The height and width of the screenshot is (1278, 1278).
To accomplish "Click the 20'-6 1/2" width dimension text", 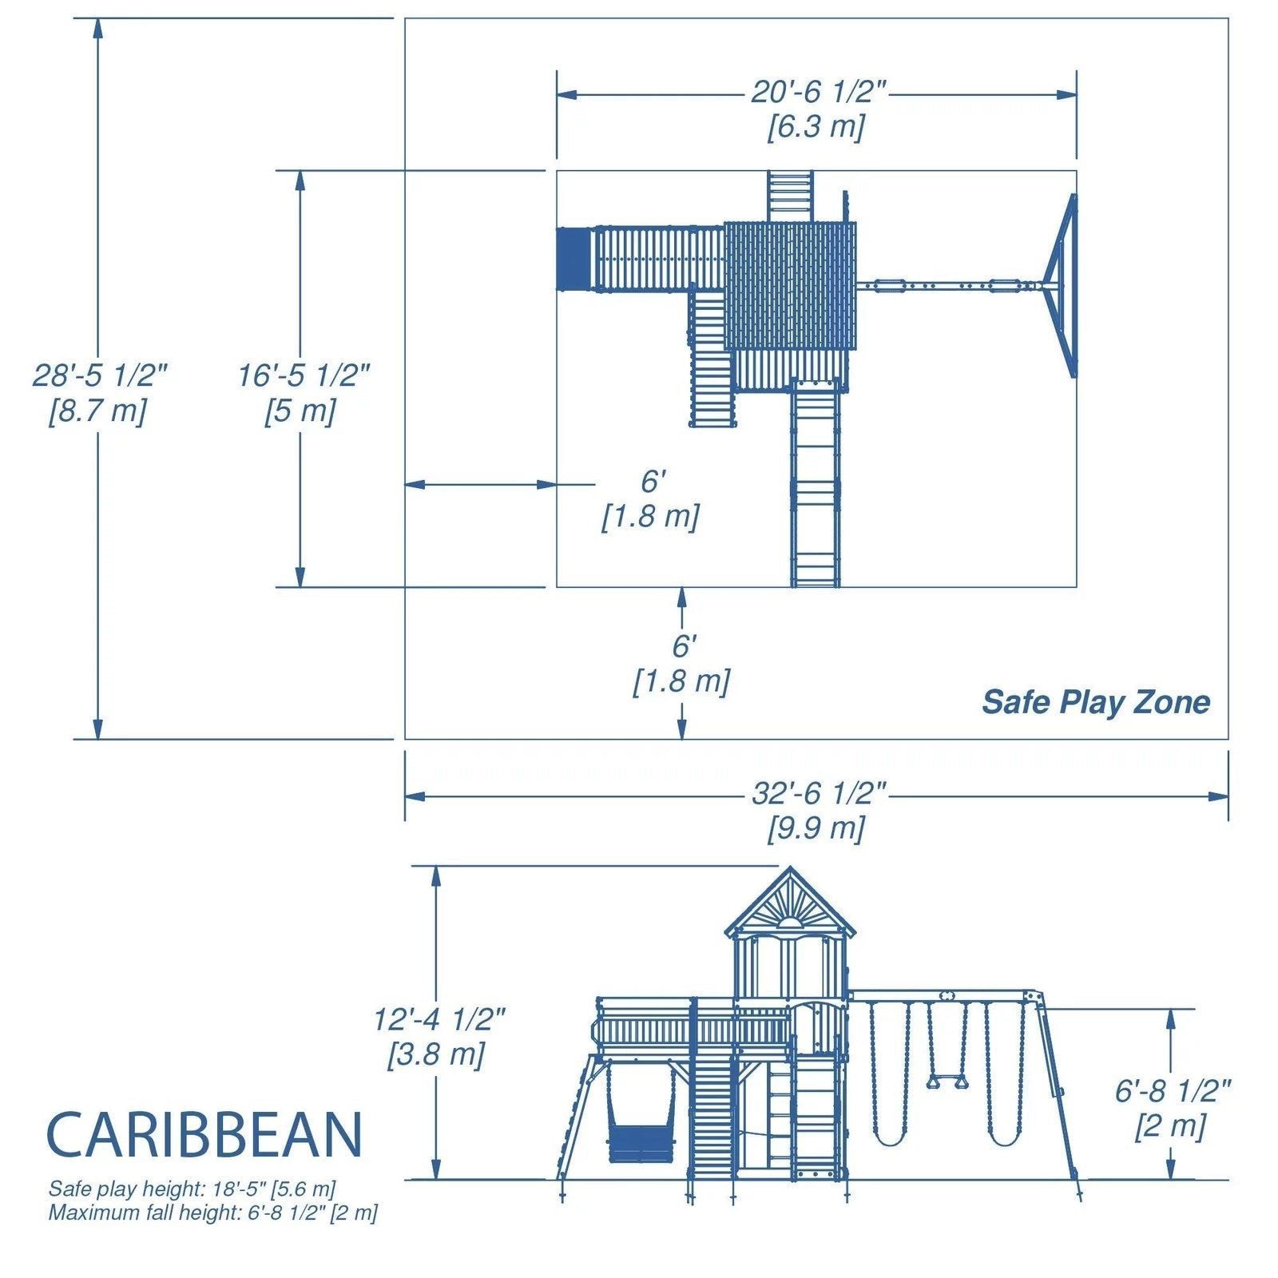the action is pos(819,93).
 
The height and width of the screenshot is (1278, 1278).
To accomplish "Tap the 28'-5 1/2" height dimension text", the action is pos(100,375).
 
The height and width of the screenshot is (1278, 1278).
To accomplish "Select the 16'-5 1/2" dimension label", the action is pos(304,375).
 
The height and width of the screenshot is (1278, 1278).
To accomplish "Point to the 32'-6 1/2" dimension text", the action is pos(819,794).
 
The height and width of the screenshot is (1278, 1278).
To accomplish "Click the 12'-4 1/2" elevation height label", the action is pos(439,1020).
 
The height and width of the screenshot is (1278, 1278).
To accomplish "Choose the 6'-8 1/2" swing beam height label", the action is pos(1173,1091).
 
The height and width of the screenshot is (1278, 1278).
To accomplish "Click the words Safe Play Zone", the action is pos(1095,702).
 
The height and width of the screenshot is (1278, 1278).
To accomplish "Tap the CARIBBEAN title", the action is pos(204,1134).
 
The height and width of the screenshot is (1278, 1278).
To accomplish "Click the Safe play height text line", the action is pos(192,1189).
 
